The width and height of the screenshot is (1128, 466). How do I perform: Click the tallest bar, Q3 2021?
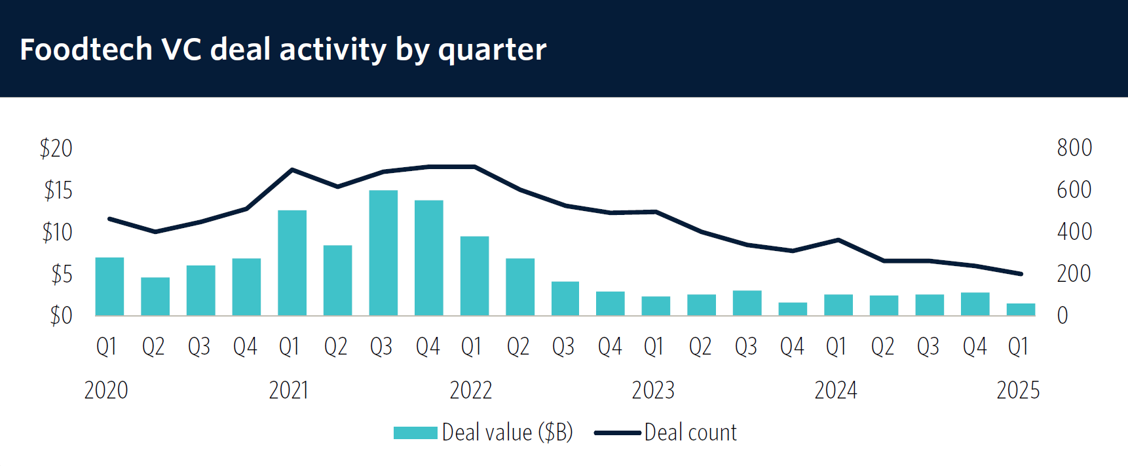383,253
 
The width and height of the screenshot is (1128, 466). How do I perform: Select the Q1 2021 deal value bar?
292,263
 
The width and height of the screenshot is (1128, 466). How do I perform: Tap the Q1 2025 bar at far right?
1021,309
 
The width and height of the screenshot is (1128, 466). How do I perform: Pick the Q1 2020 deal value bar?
109,286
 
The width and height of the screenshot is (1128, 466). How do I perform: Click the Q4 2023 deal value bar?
793,309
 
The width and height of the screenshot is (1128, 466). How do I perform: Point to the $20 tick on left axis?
56,148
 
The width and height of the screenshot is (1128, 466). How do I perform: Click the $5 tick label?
62,274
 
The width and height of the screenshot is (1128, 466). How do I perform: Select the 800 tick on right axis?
1074,147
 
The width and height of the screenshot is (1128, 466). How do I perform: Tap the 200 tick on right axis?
1074,273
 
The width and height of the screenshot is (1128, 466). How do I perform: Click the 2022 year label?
470,390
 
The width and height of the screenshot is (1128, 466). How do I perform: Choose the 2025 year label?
1018,390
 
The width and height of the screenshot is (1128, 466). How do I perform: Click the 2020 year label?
106,390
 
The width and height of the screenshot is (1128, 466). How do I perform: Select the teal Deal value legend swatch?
415,433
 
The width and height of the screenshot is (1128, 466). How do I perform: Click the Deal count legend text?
690,433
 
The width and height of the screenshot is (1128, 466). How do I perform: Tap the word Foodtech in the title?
86,49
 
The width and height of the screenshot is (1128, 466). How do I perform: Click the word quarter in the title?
492,50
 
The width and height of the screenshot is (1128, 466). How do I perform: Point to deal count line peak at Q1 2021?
292,169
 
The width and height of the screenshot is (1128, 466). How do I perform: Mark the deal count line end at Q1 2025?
1021,274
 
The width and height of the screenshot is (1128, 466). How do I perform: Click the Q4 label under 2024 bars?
975,346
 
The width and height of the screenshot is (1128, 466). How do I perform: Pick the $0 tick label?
62,316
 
